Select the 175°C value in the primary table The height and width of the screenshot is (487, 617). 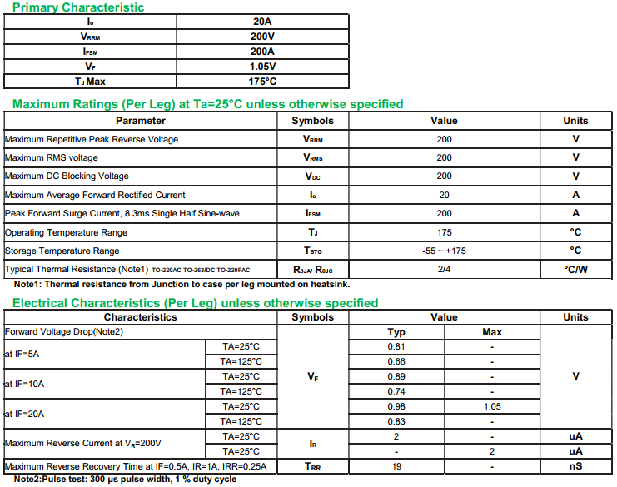262,82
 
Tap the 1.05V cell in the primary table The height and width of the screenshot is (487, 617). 262,67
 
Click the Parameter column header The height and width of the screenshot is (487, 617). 140,121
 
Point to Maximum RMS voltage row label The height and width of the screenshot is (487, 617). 52,157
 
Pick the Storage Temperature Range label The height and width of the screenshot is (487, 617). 62,251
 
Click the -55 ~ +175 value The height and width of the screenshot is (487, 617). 444,251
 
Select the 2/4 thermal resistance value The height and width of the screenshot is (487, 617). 444,269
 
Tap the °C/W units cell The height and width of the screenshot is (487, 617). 575,269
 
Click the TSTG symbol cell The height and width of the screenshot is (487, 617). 312,251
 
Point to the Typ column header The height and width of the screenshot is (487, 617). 396,332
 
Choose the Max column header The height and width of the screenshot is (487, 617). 492,332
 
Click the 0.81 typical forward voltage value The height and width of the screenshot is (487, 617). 396,346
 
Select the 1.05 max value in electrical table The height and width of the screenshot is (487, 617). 492,406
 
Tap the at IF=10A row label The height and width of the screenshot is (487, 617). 25,384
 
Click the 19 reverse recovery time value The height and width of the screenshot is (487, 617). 396,466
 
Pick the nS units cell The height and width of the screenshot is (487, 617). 575,466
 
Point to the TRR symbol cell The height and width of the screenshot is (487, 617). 312,466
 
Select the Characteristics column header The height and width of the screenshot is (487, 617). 140,317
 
